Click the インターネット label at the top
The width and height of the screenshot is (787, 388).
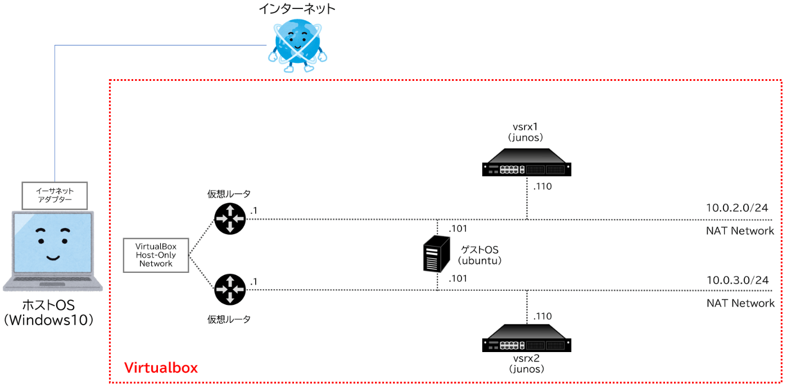[x=297, y=8]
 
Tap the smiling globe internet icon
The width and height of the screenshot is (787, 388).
[x=297, y=44]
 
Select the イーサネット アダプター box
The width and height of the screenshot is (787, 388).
[x=55, y=195]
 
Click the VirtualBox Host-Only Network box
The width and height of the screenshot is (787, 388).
[x=156, y=255]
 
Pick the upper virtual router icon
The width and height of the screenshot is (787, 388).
[x=230, y=218]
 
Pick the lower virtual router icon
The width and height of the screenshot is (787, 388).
[x=230, y=289]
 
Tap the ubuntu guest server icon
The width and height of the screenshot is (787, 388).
[x=437, y=254]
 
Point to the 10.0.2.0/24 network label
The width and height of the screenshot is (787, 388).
[x=737, y=208]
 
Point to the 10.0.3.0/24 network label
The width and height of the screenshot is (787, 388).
[x=737, y=280]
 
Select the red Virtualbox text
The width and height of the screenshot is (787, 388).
[x=161, y=368]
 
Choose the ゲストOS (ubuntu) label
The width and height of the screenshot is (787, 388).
[x=479, y=255]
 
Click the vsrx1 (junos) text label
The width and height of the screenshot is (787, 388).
[x=526, y=133]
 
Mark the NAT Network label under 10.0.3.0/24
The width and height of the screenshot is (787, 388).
[x=740, y=303]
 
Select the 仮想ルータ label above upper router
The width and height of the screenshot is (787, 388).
[x=229, y=194]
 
